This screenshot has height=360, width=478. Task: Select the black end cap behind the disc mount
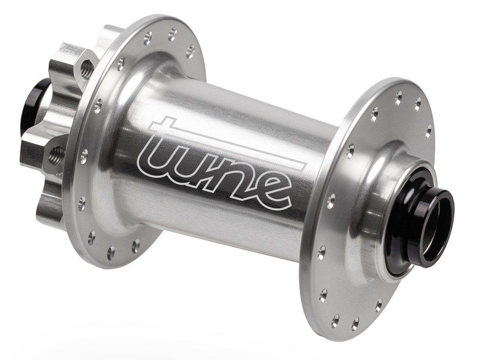click(34, 101)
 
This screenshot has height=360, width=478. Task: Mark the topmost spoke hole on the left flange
click(173, 32)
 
